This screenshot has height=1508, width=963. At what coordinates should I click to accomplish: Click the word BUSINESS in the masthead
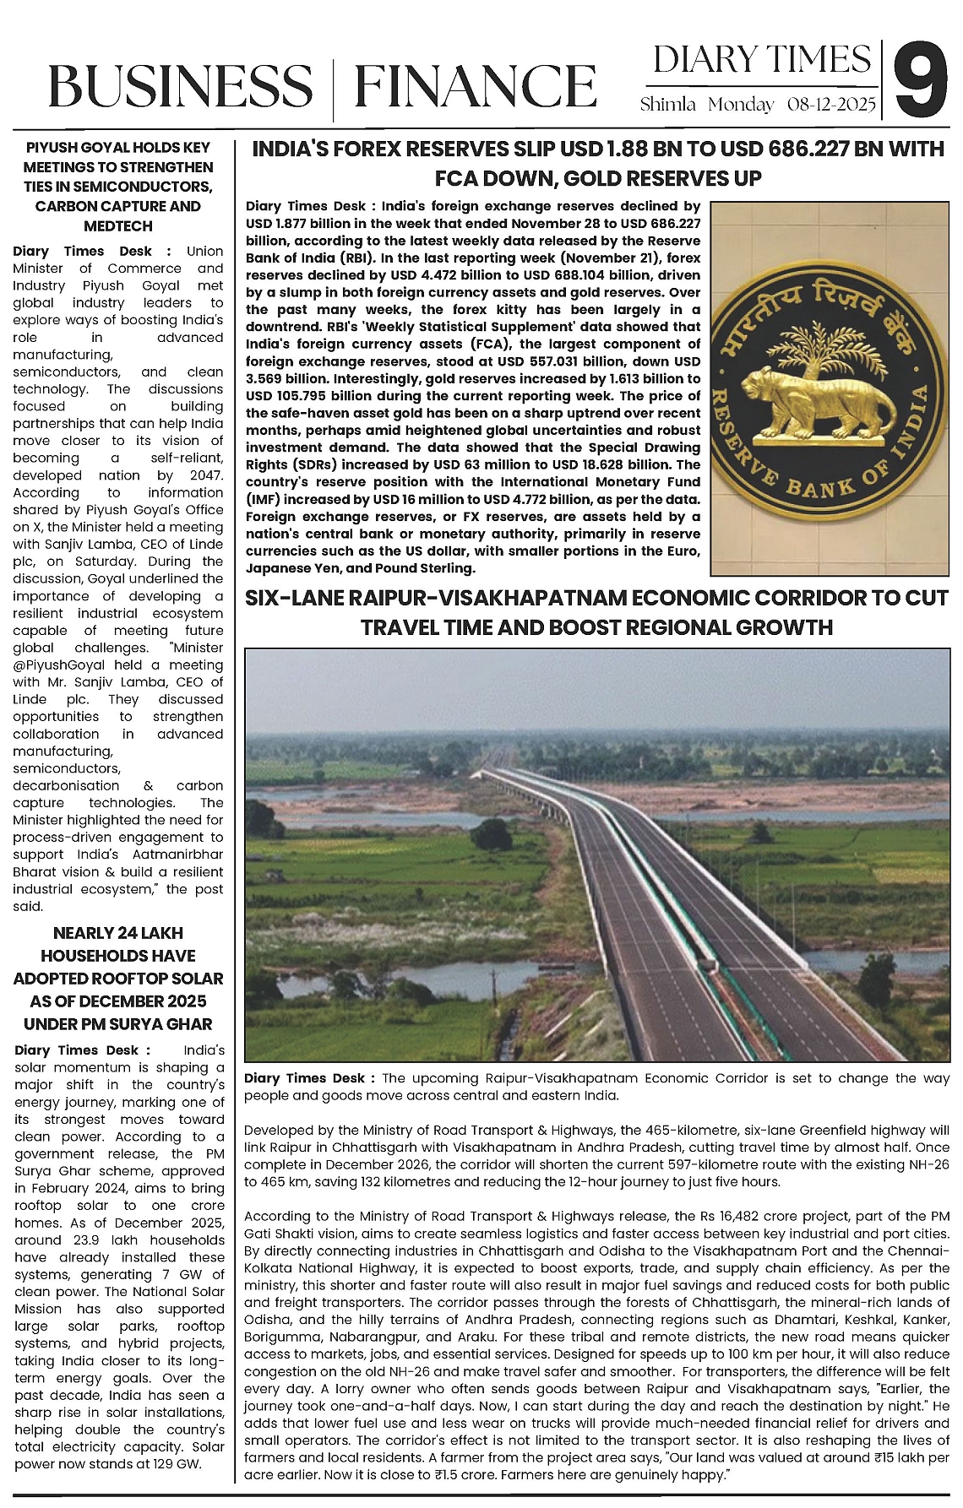180,86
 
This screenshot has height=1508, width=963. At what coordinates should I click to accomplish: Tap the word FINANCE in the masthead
475,86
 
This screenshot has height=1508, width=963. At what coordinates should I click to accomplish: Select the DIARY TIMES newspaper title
761,60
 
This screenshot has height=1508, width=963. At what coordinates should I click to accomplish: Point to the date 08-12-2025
831,105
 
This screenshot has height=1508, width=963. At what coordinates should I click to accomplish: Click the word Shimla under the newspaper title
667,105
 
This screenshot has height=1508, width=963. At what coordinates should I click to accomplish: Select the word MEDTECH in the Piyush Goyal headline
118,225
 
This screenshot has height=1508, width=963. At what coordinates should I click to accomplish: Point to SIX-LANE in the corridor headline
293,599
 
